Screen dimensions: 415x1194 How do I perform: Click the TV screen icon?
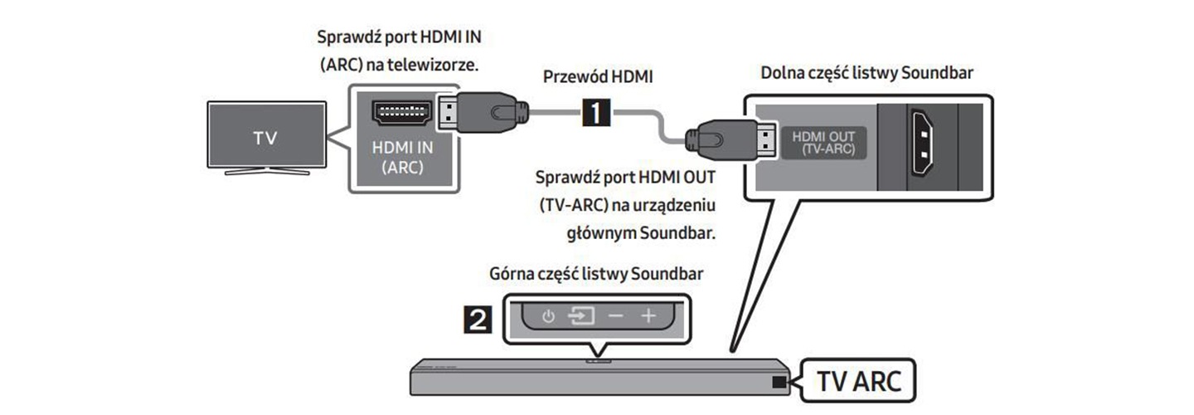265,135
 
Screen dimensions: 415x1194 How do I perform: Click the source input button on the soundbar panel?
581,316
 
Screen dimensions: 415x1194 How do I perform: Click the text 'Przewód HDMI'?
598,77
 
